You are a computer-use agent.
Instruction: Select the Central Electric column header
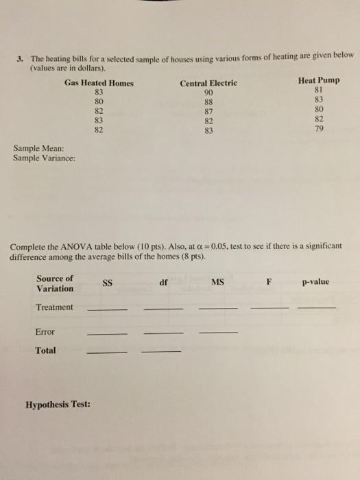tap(208, 83)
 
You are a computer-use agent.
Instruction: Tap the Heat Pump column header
tap(320, 80)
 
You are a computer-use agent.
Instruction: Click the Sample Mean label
tap(38, 147)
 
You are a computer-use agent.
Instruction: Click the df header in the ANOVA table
tap(163, 281)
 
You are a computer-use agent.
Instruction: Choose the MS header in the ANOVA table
tap(217, 281)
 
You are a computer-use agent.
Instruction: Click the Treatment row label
tap(54, 307)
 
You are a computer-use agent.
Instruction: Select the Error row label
tap(45, 332)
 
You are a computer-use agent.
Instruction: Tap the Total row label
tap(47, 350)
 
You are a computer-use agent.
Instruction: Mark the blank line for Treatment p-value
tap(317, 310)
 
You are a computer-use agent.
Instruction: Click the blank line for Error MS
tap(217, 334)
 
